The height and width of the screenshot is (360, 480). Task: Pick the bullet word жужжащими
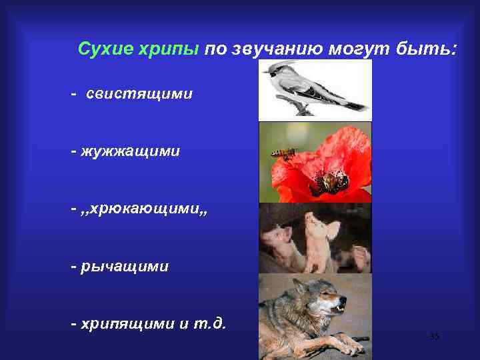[x=131, y=151]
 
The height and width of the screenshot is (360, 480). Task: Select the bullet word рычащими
[x=125, y=267]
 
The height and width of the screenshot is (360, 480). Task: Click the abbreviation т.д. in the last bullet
[x=211, y=324]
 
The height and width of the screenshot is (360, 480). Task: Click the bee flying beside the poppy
[x=283, y=153]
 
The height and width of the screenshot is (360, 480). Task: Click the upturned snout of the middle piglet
[x=311, y=218]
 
